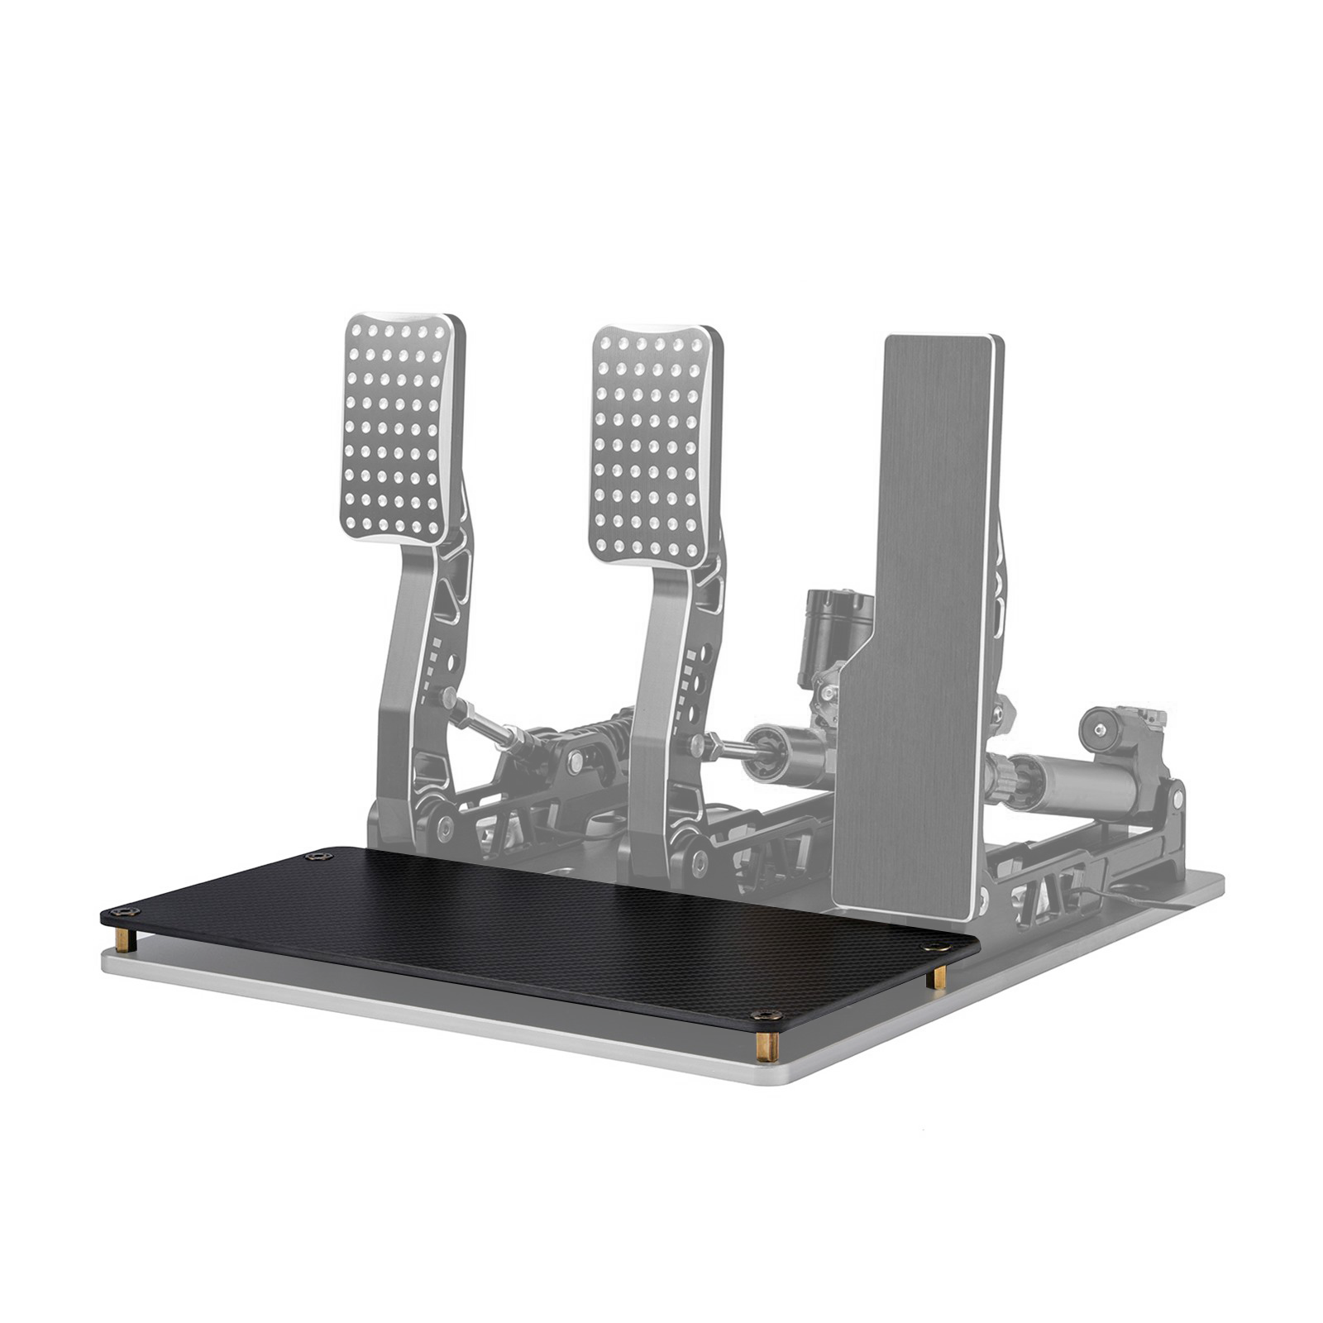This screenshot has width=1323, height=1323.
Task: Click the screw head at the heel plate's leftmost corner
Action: coord(123,911)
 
